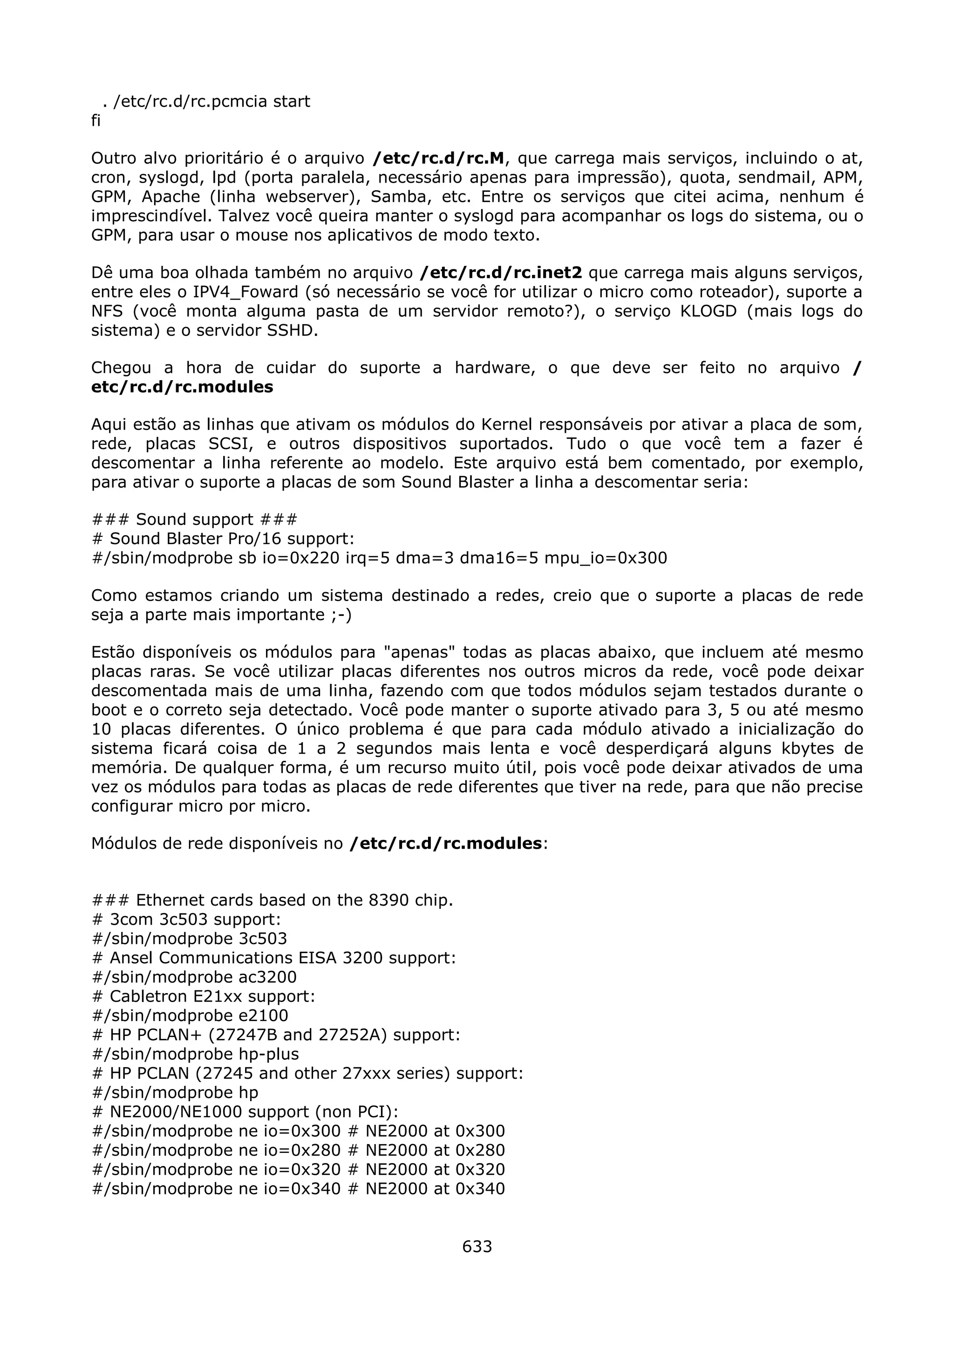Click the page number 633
477,1246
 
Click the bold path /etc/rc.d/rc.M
438,159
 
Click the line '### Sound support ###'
195,520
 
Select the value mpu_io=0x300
606,558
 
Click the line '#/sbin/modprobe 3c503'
190,939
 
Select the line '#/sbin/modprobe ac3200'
195,977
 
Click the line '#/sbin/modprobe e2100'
191,1016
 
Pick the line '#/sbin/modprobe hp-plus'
196,1054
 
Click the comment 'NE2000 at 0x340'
435,1189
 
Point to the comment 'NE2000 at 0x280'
435,1151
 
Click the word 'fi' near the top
96,121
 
